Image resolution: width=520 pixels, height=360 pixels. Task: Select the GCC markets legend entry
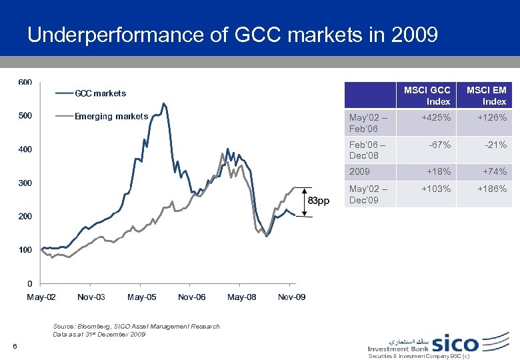(100, 93)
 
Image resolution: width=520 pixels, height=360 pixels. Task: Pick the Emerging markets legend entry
(111, 117)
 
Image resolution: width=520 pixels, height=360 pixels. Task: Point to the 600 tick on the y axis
(25, 83)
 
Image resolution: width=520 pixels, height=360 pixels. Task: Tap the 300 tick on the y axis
(25, 183)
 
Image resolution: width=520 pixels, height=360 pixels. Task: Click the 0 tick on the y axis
(29, 283)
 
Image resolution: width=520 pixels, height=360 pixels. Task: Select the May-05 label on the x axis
(141, 297)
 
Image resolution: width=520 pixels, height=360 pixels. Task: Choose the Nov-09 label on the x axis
(291, 297)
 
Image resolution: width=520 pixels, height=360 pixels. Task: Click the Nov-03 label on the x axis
(91, 297)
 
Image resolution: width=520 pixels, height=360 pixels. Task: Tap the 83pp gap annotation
(318, 201)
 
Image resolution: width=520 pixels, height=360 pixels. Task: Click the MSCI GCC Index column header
(437, 95)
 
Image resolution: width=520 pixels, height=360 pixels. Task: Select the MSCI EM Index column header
(487, 95)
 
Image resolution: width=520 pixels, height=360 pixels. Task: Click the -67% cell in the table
(440, 145)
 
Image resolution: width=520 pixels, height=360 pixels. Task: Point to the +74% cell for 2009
(495, 172)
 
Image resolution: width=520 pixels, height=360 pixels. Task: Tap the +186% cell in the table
(492, 189)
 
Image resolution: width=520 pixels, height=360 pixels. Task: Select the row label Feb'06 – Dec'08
(364, 150)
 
